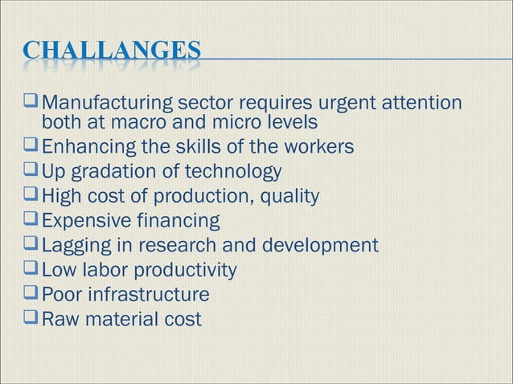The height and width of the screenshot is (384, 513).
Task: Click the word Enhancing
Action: (87, 147)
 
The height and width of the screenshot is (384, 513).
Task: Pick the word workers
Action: (316, 147)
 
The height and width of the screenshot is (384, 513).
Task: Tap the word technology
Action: (234, 172)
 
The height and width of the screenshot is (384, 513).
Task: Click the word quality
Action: (293, 196)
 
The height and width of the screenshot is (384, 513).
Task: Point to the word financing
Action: (179, 220)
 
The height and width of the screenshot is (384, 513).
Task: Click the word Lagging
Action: (73, 245)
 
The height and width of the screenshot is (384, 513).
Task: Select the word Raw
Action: (57, 319)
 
